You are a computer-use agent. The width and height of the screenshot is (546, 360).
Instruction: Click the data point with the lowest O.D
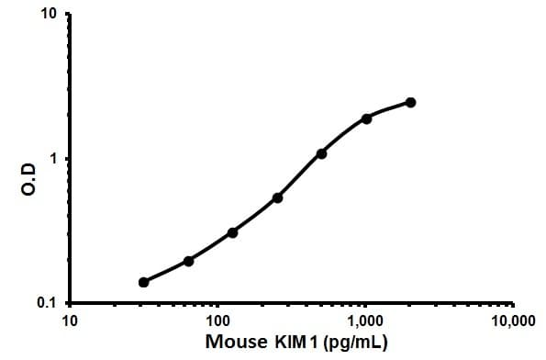[144, 282]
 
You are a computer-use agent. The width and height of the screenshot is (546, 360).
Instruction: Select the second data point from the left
[188, 261]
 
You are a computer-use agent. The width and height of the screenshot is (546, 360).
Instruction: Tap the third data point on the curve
[233, 232]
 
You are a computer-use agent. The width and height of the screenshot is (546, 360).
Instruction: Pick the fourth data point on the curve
[277, 197]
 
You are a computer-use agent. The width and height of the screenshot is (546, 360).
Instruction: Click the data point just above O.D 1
[321, 153]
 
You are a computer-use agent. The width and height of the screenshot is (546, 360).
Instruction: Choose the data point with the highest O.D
[410, 102]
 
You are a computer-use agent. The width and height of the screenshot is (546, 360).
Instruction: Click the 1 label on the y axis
[54, 159]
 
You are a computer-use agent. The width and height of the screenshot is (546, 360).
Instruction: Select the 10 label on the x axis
[69, 321]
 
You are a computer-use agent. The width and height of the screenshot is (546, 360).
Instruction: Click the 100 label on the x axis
[217, 321]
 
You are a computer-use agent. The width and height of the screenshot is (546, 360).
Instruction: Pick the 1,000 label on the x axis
[365, 321]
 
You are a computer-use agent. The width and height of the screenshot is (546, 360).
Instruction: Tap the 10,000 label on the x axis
[512, 321]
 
